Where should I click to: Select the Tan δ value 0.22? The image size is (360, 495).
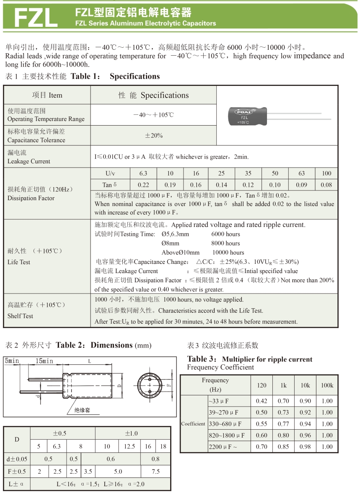pyautogui.click(x=143, y=185)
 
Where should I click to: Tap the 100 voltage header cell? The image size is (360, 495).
pyautogui.click(x=326, y=173)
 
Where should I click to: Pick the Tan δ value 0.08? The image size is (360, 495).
pyautogui.click(x=326, y=185)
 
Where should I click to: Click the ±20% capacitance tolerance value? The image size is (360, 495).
pyautogui.click(x=154, y=136)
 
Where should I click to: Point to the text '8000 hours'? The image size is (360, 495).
pyautogui.click(x=225, y=243)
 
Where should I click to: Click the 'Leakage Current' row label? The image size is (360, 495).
pyautogui.click(x=28, y=161)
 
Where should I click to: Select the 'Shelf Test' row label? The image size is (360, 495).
pyautogui.click(x=20, y=316)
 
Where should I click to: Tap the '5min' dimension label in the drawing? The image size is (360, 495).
pyautogui.click(x=12, y=361)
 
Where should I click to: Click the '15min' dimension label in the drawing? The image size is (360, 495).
pyautogui.click(x=44, y=361)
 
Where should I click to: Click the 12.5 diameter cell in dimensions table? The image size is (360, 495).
pyautogui.click(x=129, y=446)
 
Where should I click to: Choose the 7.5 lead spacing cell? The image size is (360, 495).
pyautogui.click(x=155, y=472)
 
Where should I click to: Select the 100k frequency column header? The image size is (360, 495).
pyautogui.click(x=327, y=385)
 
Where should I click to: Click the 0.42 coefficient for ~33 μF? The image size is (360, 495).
pyautogui.click(x=261, y=401)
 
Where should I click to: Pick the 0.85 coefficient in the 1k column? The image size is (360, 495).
pyautogui.click(x=283, y=447)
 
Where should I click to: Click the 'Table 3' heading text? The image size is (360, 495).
pyautogui.click(x=203, y=359)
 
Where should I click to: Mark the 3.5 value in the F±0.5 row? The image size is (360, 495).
pyautogui.click(x=88, y=472)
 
